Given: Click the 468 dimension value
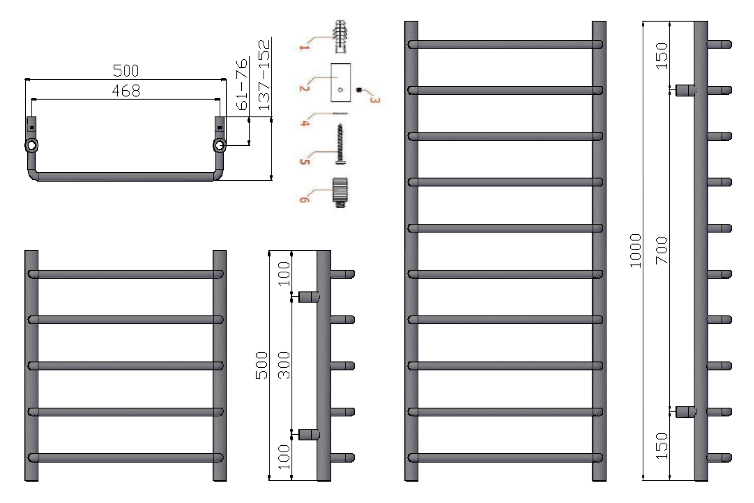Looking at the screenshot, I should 126,91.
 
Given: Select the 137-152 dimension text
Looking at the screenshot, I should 264,74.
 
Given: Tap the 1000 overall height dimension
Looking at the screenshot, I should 635,251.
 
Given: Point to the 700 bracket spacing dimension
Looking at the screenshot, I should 662,251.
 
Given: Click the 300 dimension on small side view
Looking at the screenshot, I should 284,365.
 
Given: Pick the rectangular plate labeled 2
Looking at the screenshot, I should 341,83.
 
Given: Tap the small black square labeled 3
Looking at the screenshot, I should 359,90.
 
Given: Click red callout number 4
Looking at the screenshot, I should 305,122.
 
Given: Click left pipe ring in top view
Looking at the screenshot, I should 31,146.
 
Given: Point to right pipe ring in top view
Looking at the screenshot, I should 219,146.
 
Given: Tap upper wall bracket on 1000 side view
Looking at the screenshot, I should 685,90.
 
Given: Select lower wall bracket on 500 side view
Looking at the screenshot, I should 309,435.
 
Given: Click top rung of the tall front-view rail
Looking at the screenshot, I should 505,44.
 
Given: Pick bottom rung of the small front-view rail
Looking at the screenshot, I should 126,458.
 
